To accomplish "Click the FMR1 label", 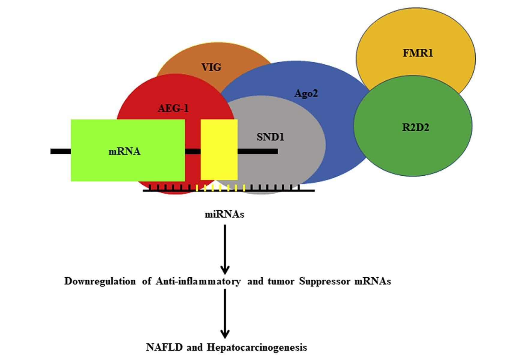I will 418,53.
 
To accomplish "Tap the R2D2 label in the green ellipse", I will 415,127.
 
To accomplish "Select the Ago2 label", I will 306,94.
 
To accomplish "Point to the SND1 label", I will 270,137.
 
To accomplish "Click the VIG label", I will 211,67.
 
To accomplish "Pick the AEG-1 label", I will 173,108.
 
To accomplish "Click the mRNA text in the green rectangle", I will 124,151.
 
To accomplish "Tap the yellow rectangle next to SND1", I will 219,150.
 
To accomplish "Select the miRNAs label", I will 224,215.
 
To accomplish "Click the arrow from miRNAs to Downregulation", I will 225,249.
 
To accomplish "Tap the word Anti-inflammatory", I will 198,281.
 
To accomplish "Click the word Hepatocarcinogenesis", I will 257,347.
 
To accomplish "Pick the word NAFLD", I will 164,347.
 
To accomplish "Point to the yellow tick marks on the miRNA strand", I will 220,188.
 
